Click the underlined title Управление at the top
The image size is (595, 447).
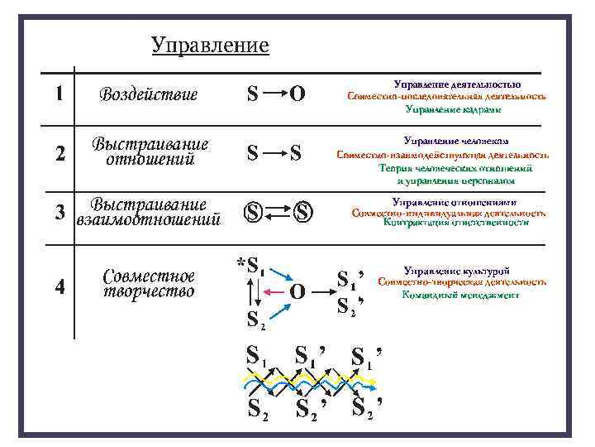click(x=210, y=45)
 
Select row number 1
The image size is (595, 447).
click(x=59, y=93)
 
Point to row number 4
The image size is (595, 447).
click(x=59, y=286)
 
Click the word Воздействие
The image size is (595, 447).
click(x=149, y=94)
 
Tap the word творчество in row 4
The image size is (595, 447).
click(x=149, y=291)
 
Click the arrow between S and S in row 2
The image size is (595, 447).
click(x=275, y=152)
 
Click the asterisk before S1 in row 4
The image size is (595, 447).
click(x=240, y=264)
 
